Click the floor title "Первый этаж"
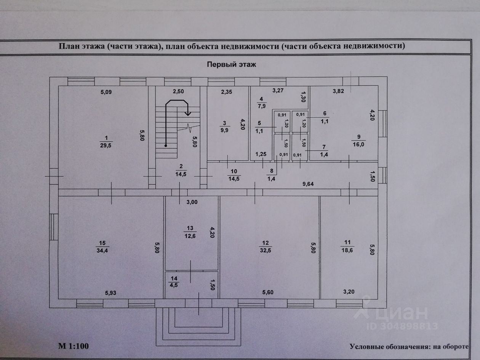(x=232, y=64)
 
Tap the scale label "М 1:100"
(x=74, y=346)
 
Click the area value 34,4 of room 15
(x=102, y=250)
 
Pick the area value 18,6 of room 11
(x=347, y=249)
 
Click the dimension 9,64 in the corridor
(x=308, y=184)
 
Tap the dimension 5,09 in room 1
(x=108, y=92)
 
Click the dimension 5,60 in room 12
(x=269, y=293)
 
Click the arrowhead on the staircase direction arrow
(x=187, y=113)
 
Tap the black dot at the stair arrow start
(x=166, y=145)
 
